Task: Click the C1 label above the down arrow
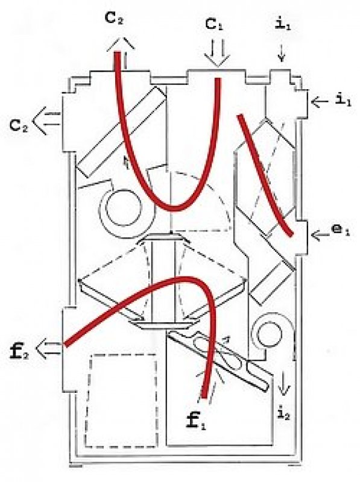214,24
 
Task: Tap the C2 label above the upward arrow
115,18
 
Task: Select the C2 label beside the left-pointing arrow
19,125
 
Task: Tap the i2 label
283,415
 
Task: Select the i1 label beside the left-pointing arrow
343,100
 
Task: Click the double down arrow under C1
218,53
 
